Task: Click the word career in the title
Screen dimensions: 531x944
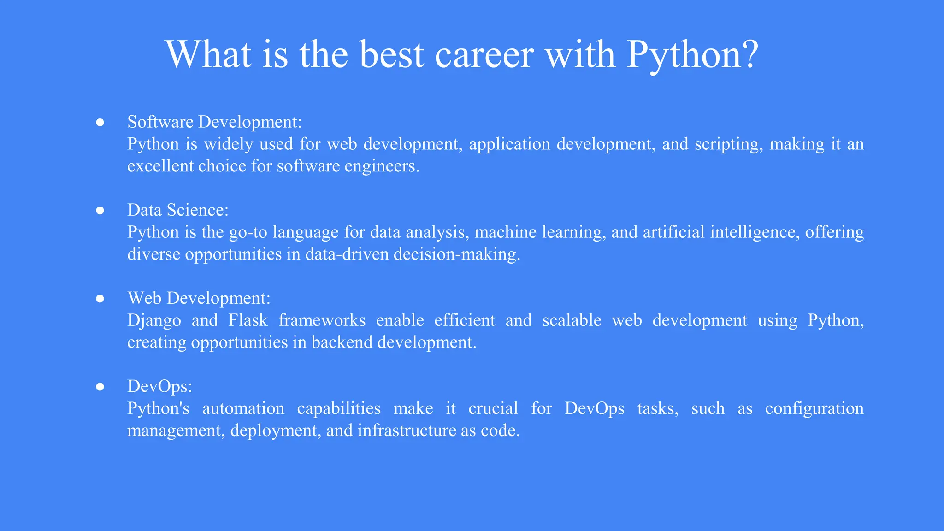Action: pyautogui.click(x=484, y=55)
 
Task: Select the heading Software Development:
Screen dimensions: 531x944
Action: pyautogui.click(x=214, y=122)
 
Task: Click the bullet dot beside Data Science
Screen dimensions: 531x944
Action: pyautogui.click(x=100, y=211)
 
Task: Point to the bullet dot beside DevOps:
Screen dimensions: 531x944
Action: pyautogui.click(x=100, y=387)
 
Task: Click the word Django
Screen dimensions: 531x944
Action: pyautogui.click(x=154, y=321)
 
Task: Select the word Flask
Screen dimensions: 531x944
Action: pyautogui.click(x=248, y=320)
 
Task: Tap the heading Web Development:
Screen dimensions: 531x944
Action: pyautogui.click(x=199, y=298)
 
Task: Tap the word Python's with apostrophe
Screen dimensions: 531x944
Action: pyautogui.click(x=158, y=409)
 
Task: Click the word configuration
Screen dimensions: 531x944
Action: pyautogui.click(x=814, y=409)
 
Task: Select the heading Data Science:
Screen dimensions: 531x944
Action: pyautogui.click(x=177, y=210)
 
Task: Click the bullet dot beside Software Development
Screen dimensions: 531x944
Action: pyautogui.click(x=100, y=123)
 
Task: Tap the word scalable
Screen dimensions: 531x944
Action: pyautogui.click(x=572, y=320)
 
